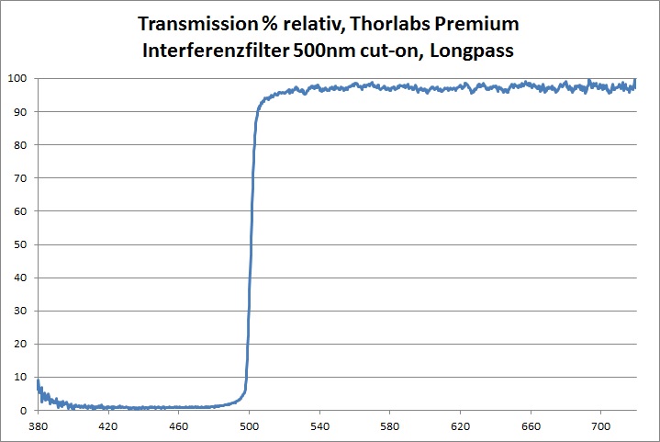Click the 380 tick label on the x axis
pos(38,426)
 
